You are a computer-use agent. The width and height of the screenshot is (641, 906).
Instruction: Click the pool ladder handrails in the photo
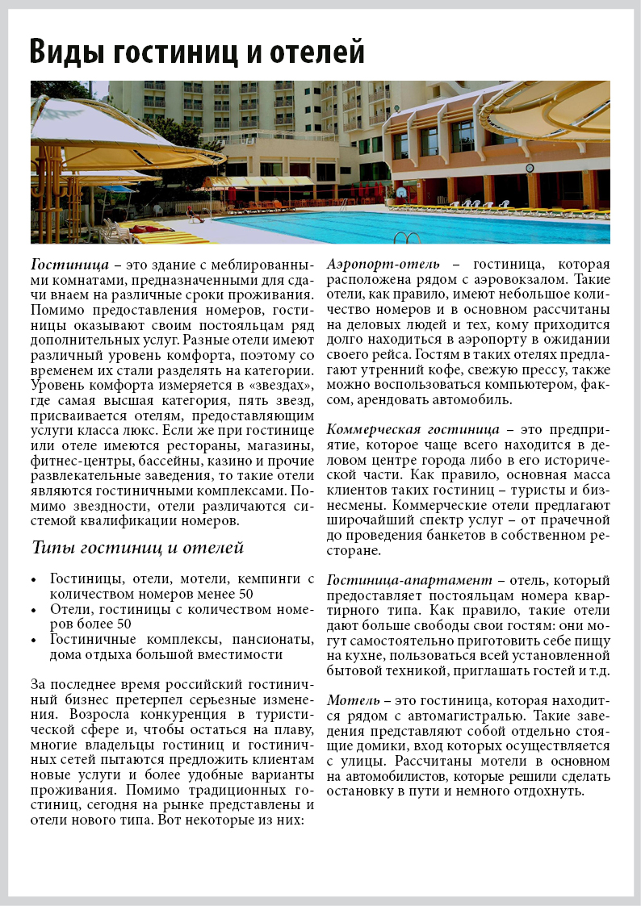408,238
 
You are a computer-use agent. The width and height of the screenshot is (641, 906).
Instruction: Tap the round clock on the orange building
530,168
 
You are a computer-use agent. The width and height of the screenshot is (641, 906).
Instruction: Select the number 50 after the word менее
245,595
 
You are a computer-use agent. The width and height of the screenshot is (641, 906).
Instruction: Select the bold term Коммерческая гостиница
413,428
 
